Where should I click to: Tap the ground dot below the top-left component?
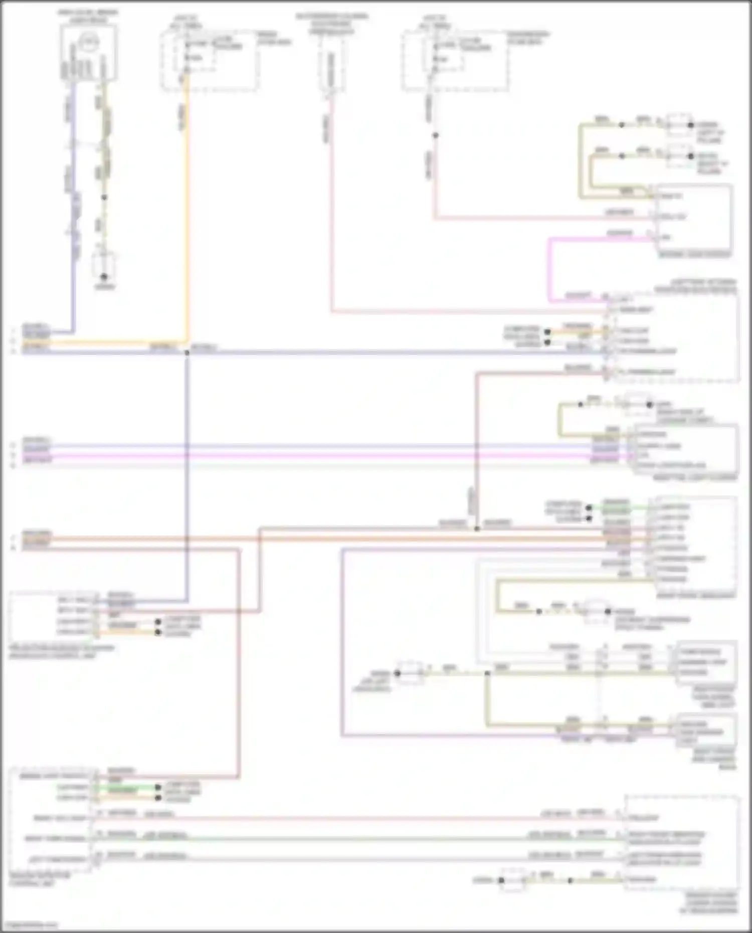tap(104, 277)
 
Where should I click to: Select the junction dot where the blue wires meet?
tap(187, 352)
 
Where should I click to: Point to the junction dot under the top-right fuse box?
tap(435, 135)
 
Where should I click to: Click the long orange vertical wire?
tap(187, 211)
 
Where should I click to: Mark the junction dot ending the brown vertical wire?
tap(476, 528)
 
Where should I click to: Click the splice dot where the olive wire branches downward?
tap(487, 673)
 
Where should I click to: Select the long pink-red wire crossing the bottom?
tap(351, 819)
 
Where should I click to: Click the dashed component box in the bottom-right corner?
tap(682, 842)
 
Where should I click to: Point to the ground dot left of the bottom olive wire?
tap(501, 880)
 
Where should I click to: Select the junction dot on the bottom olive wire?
tap(570, 880)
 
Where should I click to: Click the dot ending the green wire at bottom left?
tap(158, 787)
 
